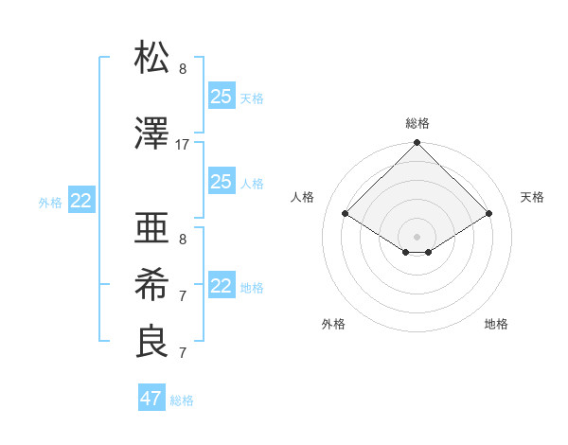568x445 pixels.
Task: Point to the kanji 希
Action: pyautogui.click(x=151, y=285)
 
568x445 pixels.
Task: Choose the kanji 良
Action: pyautogui.click(x=151, y=342)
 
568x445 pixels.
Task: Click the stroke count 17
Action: pyautogui.click(x=183, y=145)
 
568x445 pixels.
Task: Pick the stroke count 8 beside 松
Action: pyautogui.click(x=183, y=69)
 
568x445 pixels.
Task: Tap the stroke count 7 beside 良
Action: pyautogui.click(x=183, y=353)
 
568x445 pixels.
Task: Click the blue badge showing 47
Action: pyautogui.click(x=151, y=399)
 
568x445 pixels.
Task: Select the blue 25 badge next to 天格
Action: pyautogui.click(x=222, y=96)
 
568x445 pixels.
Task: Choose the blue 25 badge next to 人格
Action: pyautogui.click(x=222, y=182)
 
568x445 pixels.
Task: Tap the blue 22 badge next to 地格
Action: pyautogui.click(x=222, y=286)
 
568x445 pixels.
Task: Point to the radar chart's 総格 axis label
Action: pyautogui.click(x=417, y=123)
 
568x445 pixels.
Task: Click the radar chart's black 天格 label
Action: pyautogui.click(x=532, y=197)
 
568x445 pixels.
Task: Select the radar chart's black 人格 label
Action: pyautogui.click(x=303, y=197)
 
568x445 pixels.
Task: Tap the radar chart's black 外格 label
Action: pyautogui.click(x=333, y=324)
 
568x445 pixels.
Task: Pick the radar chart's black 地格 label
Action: pyautogui.click(x=496, y=324)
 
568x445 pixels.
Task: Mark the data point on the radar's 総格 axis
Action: pyautogui.click(x=417, y=143)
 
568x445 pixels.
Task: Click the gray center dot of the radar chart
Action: pyautogui.click(x=417, y=235)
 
